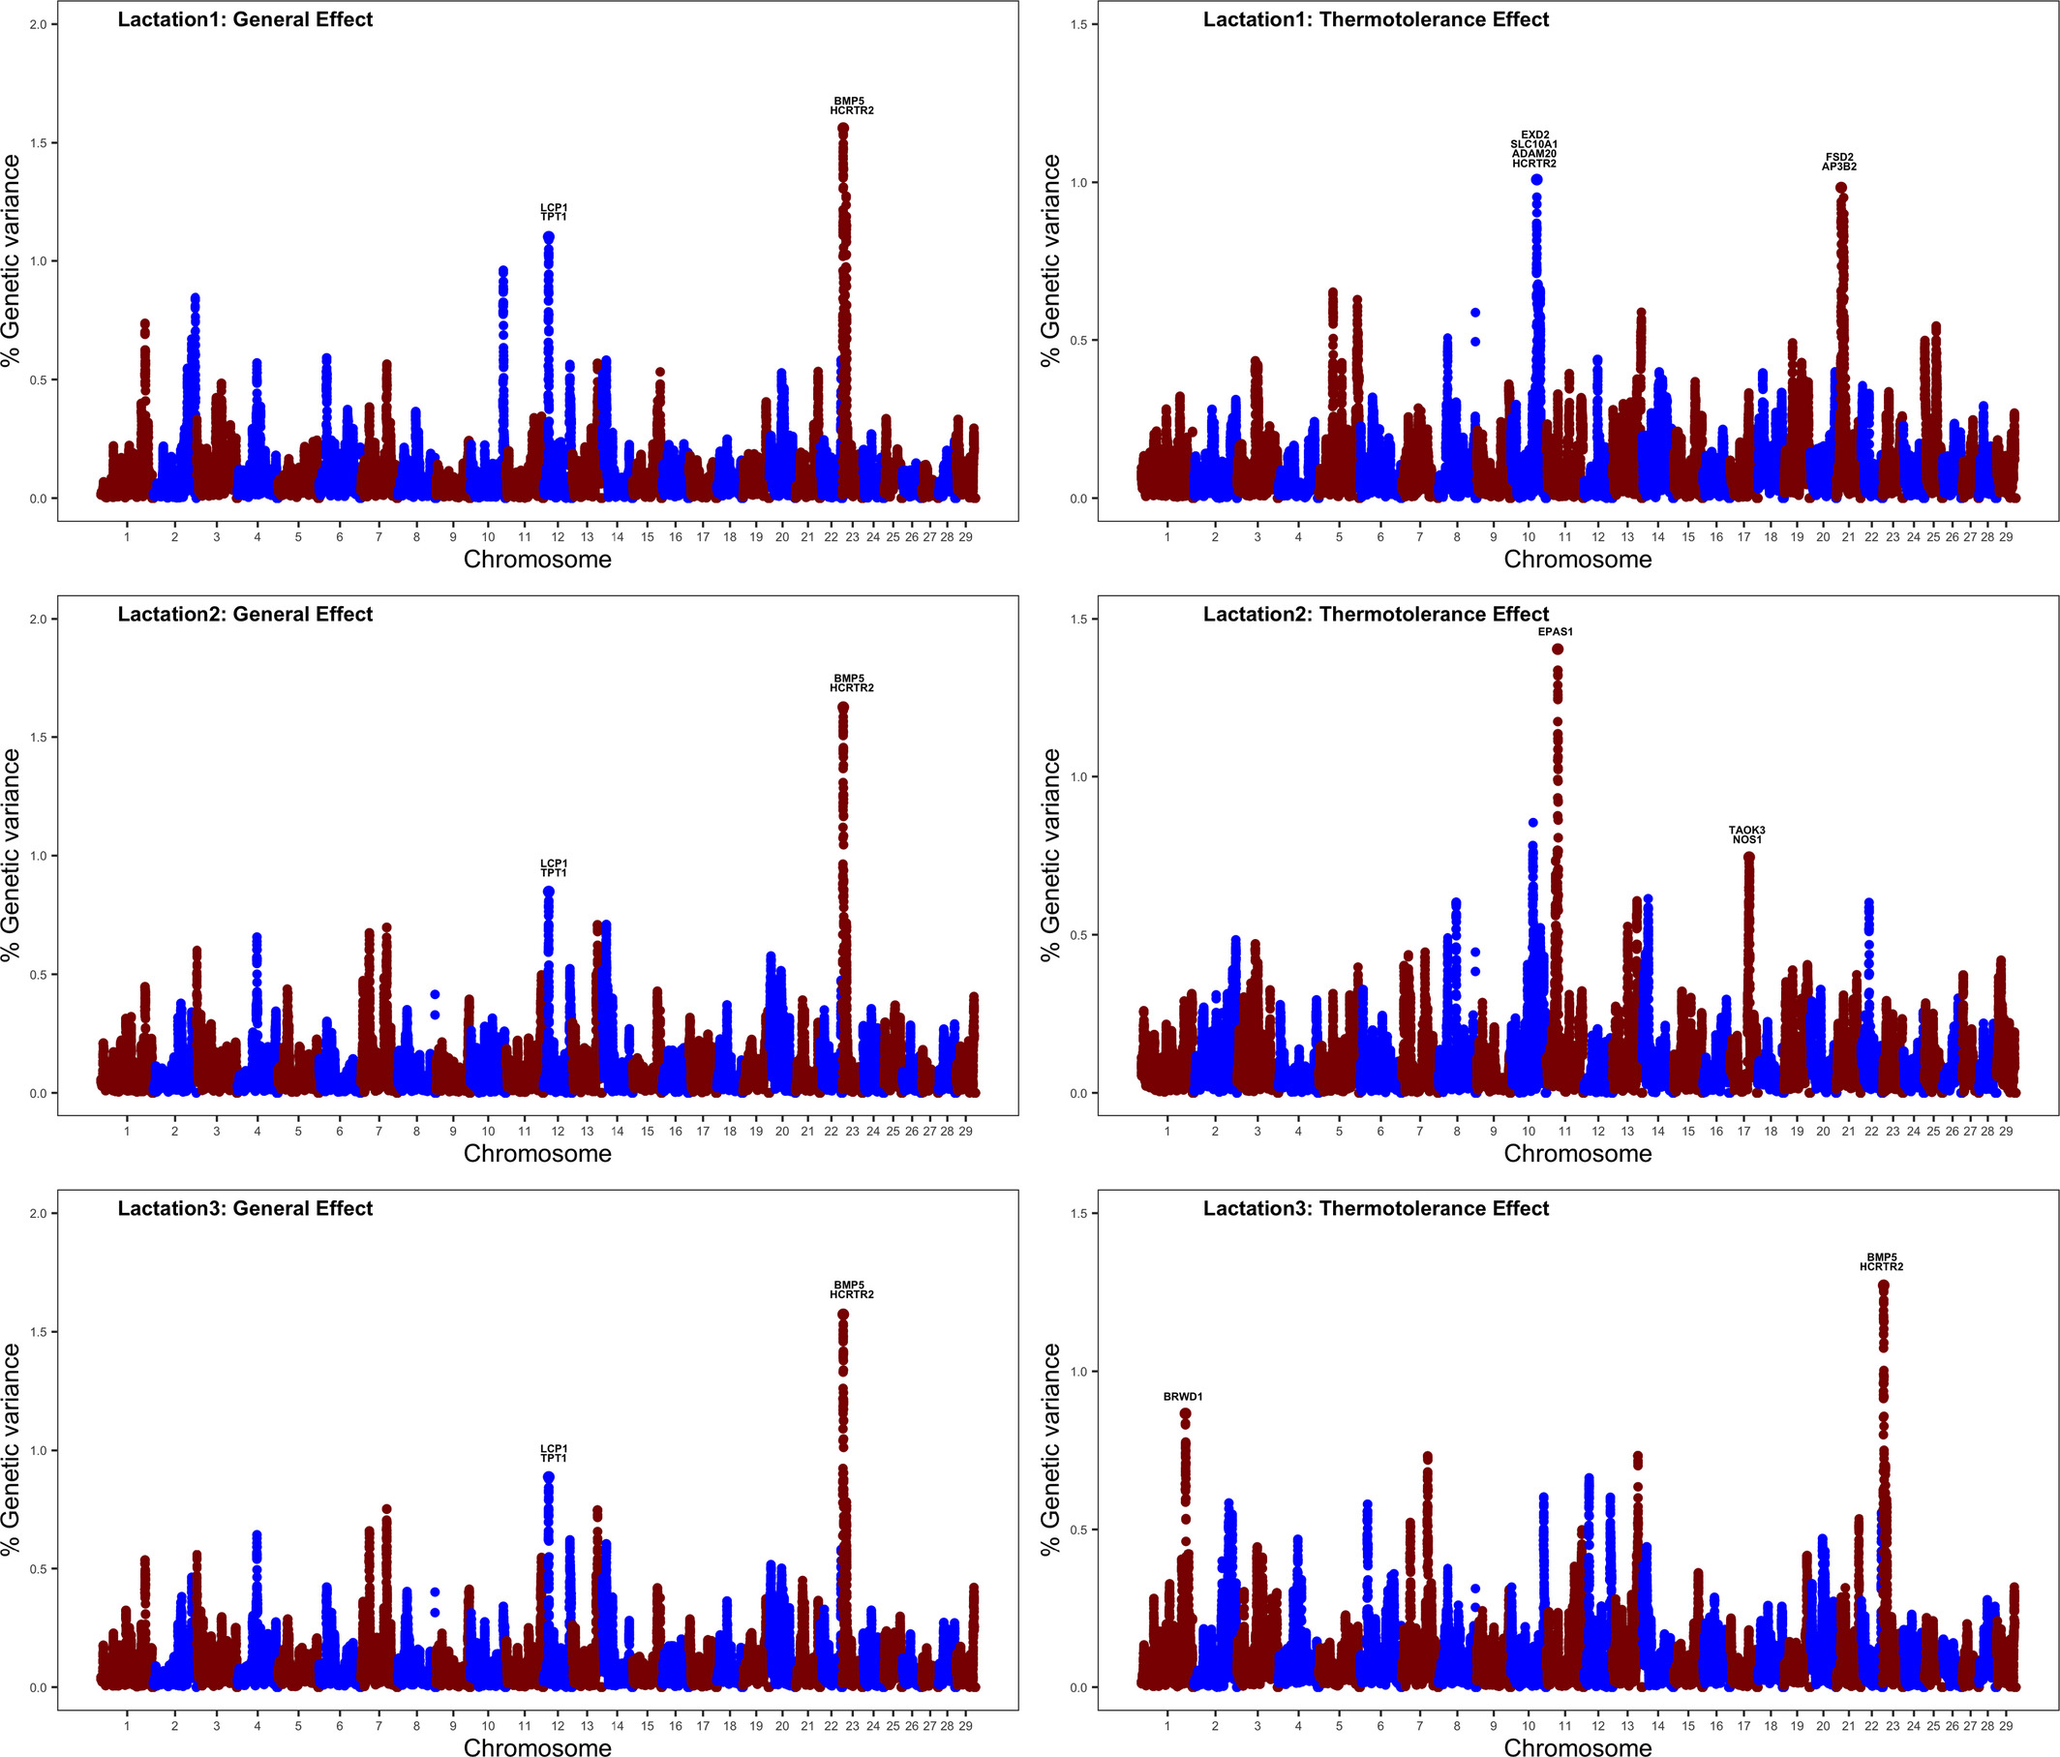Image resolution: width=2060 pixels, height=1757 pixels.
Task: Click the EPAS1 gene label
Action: pyautogui.click(x=1555, y=631)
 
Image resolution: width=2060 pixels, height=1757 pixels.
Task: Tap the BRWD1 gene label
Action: pyautogui.click(x=1182, y=1397)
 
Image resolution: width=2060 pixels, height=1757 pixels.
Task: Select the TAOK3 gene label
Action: pyautogui.click(x=1746, y=831)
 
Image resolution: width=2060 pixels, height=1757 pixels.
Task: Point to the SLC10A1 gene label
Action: pyautogui.click(x=1534, y=144)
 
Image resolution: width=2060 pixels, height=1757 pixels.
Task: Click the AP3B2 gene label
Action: pyautogui.click(x=1838, y=167)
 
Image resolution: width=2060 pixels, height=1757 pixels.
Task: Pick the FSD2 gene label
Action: pyautogui.click(x=1839, y=157)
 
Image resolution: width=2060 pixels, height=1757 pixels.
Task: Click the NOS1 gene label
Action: pyautogui.click(x=1746, y=840)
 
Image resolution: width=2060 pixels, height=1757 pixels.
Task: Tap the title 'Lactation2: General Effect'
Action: pyautogui.click(x=245, y=615)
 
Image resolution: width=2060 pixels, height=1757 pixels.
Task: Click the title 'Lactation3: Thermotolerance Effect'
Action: pyautogui.click(x=1375, y=1208)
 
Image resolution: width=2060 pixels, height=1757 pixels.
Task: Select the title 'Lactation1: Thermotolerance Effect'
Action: pyautogui.click(x=1375, y=20)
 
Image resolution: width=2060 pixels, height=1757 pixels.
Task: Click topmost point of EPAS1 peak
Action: pyautogui.click(x=1558, y=650)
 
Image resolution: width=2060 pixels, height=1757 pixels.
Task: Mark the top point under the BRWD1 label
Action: pyautogui.click(x=1185, y=1413)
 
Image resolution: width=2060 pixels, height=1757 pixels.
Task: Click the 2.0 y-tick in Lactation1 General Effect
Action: pyautogui.click(x=38, y=24)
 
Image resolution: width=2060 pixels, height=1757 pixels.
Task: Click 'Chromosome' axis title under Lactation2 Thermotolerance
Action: pyautogui.click(x=1577, y=1154)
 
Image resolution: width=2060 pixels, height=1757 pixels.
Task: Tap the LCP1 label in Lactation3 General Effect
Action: pyautogui.click(x=554, y=1449)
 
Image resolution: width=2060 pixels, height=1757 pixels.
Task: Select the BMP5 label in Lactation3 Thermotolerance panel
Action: pyautogui.click(x=1881, y=1257)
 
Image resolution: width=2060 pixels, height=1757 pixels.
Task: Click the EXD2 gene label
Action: pyautogui.click(x=1534, y=135)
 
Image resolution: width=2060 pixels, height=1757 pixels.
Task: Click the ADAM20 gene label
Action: pyautogui.click(x=1534, y=154)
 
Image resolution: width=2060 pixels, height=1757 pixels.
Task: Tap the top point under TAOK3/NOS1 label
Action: pyautogui.click(x=1749, y=856)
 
